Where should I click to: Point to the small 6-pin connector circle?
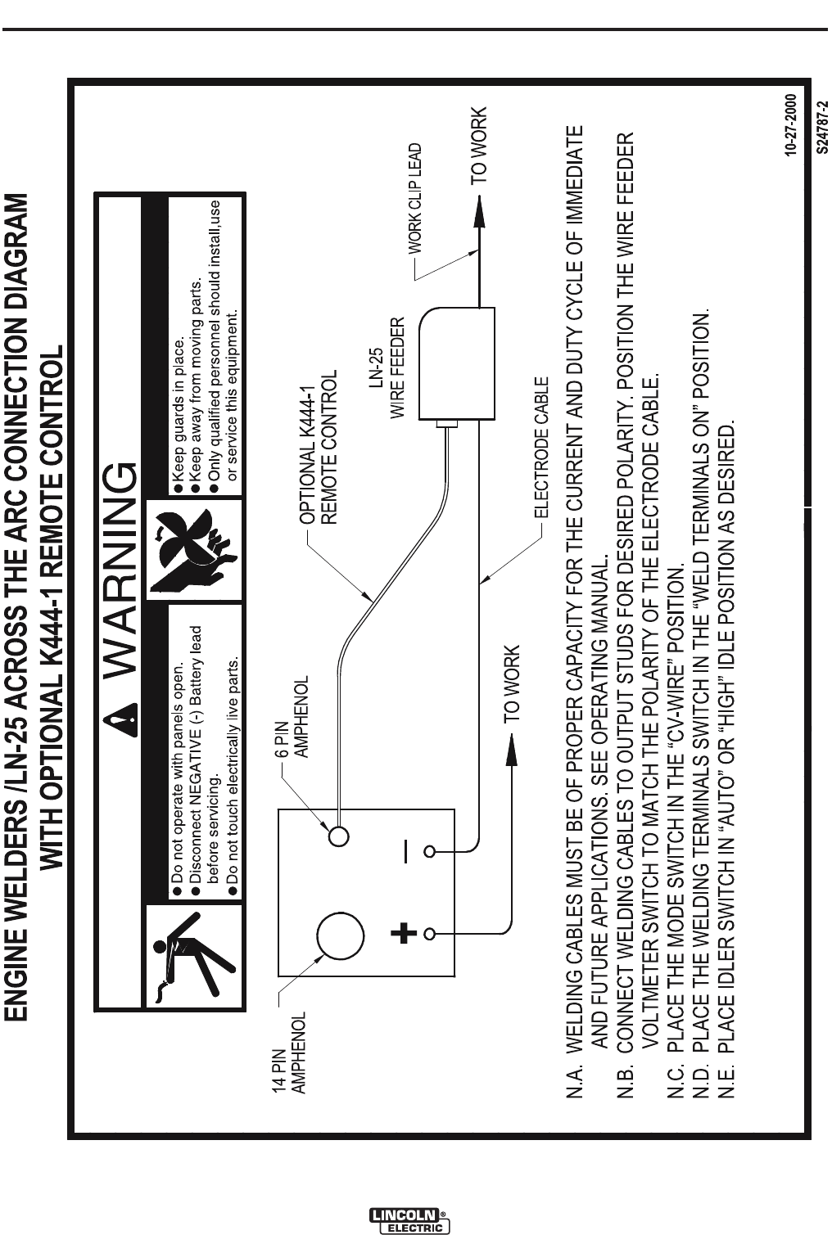coord(339,836)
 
